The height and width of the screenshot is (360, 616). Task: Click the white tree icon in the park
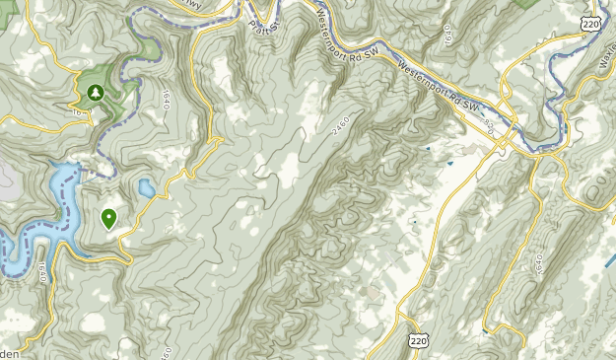coord(96,94)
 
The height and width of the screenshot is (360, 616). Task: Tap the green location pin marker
coord(108,218)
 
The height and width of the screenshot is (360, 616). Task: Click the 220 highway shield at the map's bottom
coord(420,337)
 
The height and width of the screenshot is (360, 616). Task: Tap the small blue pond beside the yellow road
coord(146,187)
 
